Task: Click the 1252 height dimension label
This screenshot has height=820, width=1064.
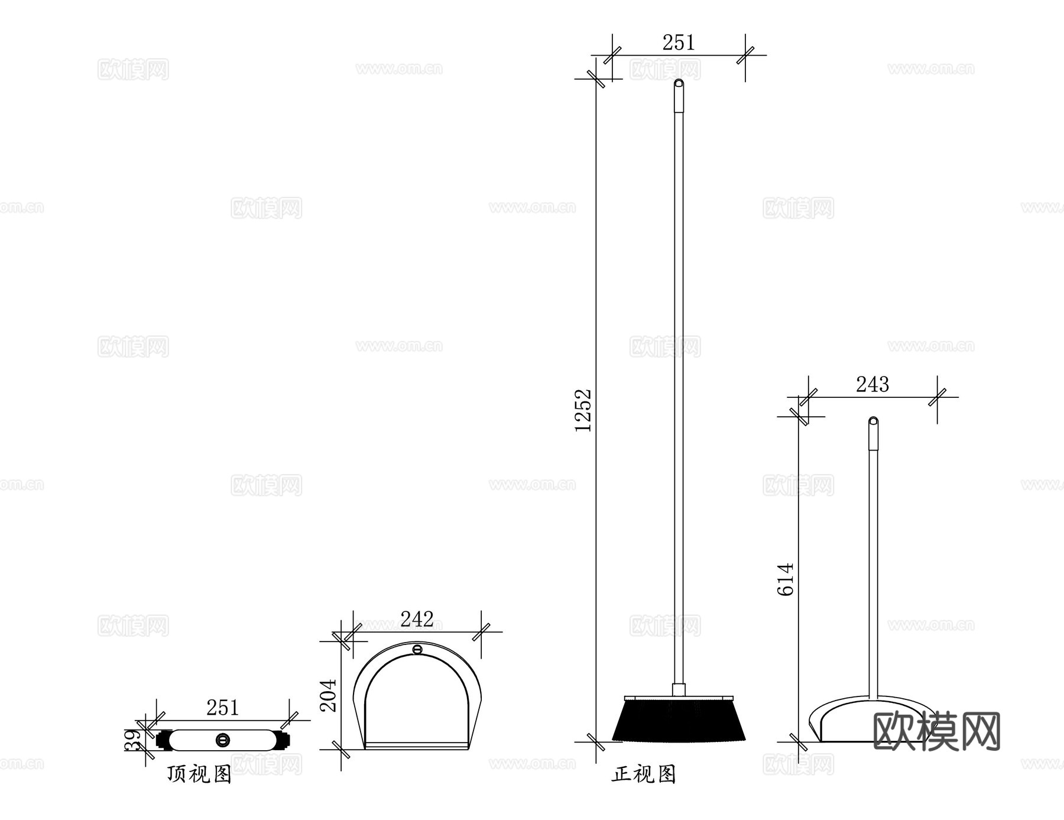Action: click(583, 410)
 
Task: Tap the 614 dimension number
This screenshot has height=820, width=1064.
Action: click(786, 579)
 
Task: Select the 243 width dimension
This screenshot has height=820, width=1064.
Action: click(872, 385)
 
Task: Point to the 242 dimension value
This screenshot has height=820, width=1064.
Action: click(417, 619)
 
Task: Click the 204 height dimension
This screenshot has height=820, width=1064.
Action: click(329, 695)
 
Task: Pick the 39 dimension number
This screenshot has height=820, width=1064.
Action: click(134, 739)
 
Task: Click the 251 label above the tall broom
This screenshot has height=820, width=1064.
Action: click(678, 43)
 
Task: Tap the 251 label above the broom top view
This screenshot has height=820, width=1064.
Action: click(222, 708)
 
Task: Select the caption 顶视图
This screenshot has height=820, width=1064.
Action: click(199, 774)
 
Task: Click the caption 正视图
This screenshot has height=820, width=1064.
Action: click(644, 774)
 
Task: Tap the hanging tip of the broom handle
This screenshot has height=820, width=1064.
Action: click(679, 84)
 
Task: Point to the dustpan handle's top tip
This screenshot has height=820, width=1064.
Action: click(873, 422)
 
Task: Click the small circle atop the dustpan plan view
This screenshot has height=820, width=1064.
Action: click(417, 649)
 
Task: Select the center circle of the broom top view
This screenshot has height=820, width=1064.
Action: click(223, 739)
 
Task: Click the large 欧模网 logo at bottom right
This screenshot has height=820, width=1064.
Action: click(936, 731)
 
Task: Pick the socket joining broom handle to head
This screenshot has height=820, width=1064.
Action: click(679, 689)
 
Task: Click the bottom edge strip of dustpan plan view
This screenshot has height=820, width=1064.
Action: click(417, 745)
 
